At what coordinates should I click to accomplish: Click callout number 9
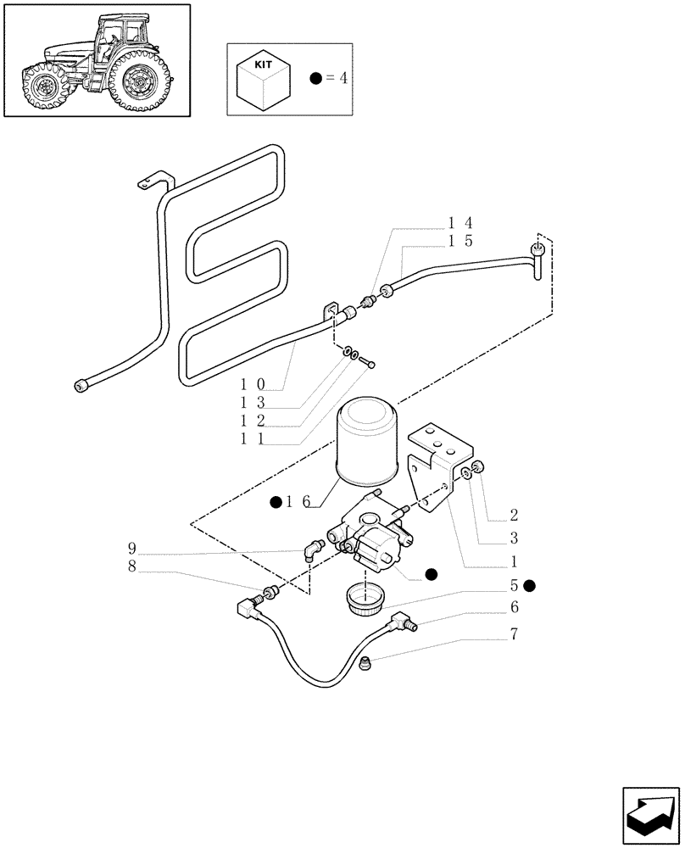tap(131, 547)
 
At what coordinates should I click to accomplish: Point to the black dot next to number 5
tap(530, 585)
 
